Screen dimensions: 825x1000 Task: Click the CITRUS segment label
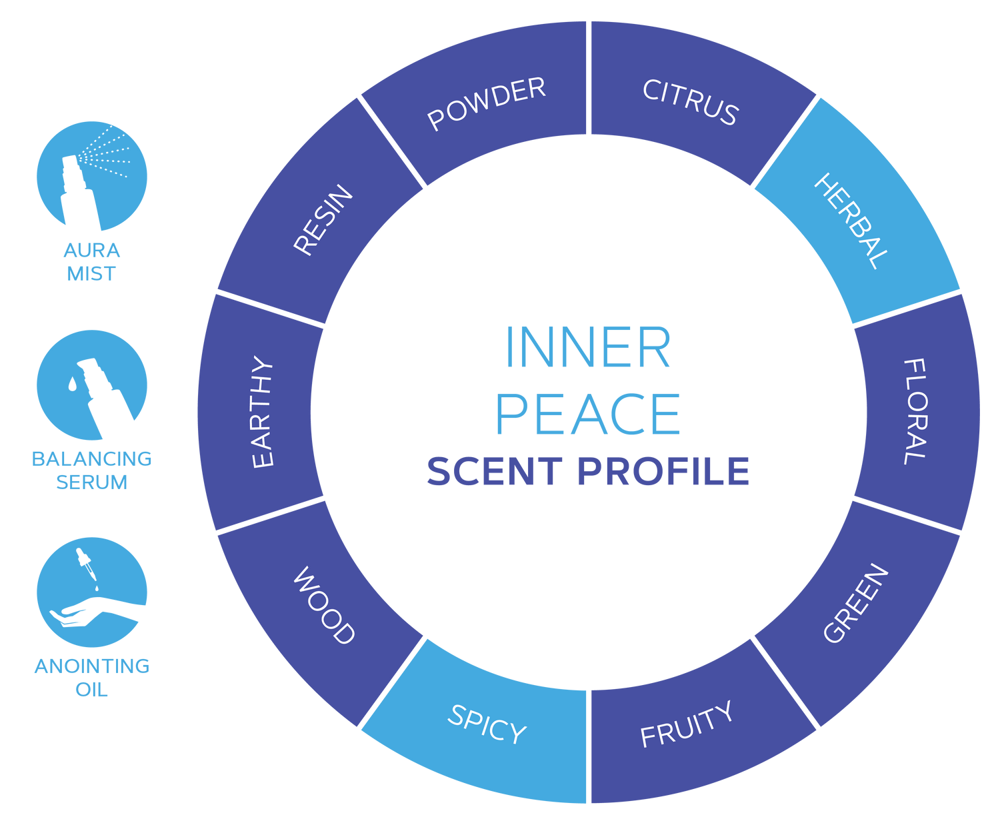(690, 103)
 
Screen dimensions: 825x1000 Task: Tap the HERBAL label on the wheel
(851, 221)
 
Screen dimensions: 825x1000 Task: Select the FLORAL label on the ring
(915, 411)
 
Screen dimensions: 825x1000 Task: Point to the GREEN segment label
(856, 604)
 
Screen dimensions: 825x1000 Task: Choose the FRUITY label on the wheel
(686, 725)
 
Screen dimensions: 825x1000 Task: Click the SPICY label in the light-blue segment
(487, 724)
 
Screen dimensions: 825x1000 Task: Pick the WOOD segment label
(324, 605)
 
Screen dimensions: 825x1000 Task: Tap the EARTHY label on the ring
(263, 412)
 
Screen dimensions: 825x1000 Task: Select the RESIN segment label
(323, 220)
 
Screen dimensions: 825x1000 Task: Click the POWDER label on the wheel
(487, 103)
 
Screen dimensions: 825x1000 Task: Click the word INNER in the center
(588, 347)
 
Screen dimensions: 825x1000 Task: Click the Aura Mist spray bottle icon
(91, 177)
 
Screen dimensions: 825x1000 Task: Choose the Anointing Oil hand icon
(91, 592)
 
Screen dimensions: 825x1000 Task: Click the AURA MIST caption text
(91, 262)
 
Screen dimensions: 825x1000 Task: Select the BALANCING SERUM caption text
(91, 470)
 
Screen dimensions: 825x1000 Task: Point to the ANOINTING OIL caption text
(91, 677)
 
